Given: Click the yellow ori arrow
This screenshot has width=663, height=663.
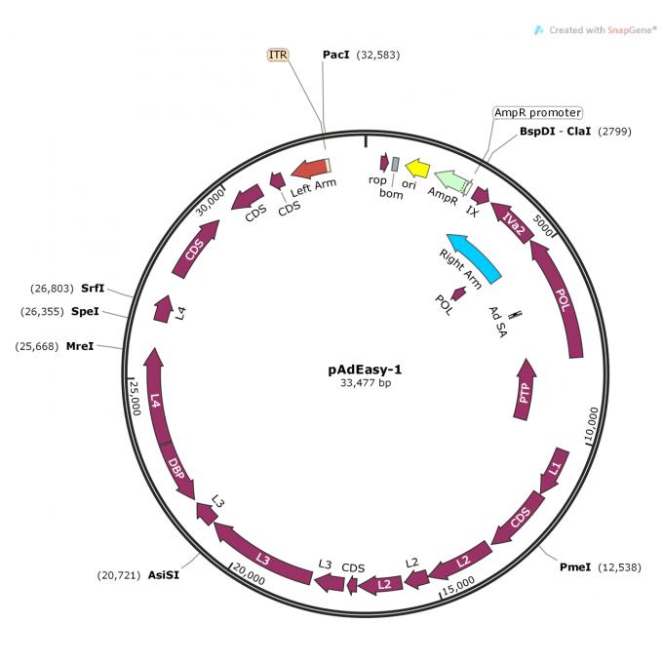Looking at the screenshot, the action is [x=417, y=169].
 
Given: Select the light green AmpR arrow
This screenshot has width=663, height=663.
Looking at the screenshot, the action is [x=451, y=180].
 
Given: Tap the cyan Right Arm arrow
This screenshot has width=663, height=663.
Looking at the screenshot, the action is [x=473, y=257].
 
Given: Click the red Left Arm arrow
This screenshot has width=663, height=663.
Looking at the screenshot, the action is [x=311, y=169].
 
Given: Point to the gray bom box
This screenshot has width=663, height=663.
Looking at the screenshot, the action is [x=395, y=164].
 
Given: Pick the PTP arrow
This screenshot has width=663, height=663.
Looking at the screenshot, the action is [x=525, y=389].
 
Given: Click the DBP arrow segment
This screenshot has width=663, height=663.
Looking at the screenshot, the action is [x=178, y=470].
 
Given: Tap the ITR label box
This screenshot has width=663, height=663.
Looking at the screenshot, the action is [x=278, y=55].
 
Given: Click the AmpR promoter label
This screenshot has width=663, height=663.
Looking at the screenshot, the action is [x=538, y=112].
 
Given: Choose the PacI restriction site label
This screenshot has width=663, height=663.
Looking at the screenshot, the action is [x=336, y=55].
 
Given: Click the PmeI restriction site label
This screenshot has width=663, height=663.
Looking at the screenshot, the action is [x=575, y=567].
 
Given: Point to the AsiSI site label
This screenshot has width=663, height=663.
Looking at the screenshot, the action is [x=163, y=575].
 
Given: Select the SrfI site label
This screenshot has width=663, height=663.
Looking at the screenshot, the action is [x=93, y=289].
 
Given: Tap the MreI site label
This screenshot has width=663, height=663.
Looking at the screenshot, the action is [x=80, y=346].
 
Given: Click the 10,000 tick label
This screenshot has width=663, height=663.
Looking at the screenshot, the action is [x=592, y=424].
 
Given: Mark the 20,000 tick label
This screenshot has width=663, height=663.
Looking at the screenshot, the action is [x=250, y=574].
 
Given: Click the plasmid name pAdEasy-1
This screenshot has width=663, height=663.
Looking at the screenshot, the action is [x=365, y=370].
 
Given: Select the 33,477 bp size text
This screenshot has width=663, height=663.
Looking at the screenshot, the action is [x=366, y=383].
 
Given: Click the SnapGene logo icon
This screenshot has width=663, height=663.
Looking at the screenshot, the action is [x=538, y=30].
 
